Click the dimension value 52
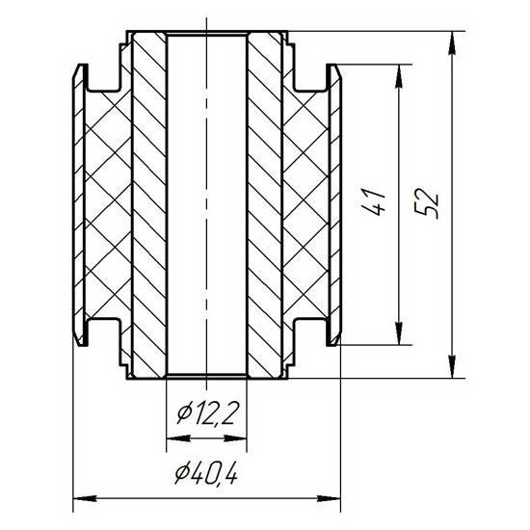coord(427,202)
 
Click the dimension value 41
coord(375,201)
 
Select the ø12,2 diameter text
coord(206,413)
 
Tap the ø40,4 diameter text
coord(206,473)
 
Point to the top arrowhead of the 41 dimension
coord(399,76)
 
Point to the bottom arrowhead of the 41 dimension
coord(399,333)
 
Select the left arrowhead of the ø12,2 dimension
coord(178,438)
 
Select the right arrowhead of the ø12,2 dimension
coord(235,438)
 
